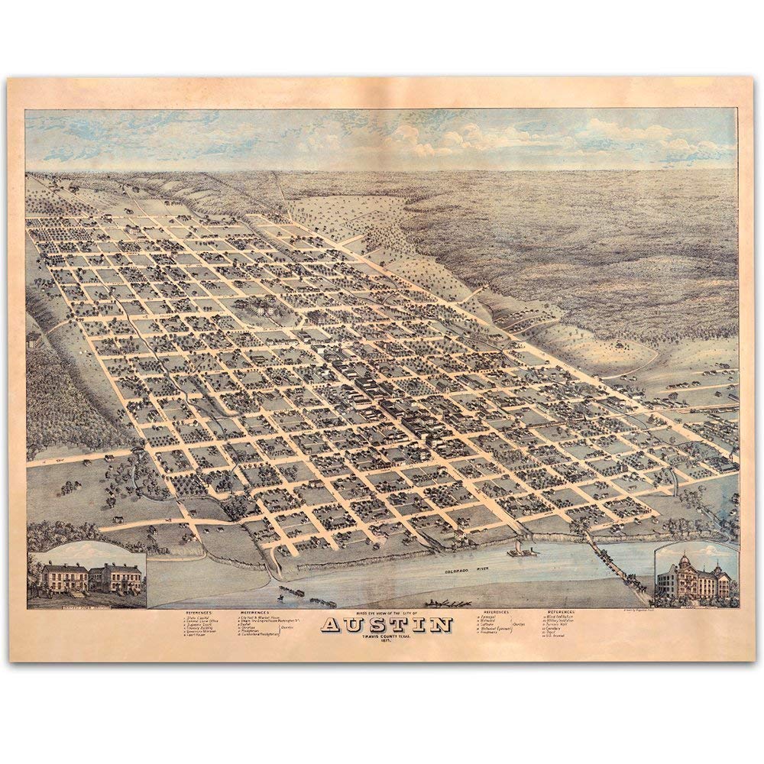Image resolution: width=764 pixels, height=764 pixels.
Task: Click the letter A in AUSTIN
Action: [x=334, y=625]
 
